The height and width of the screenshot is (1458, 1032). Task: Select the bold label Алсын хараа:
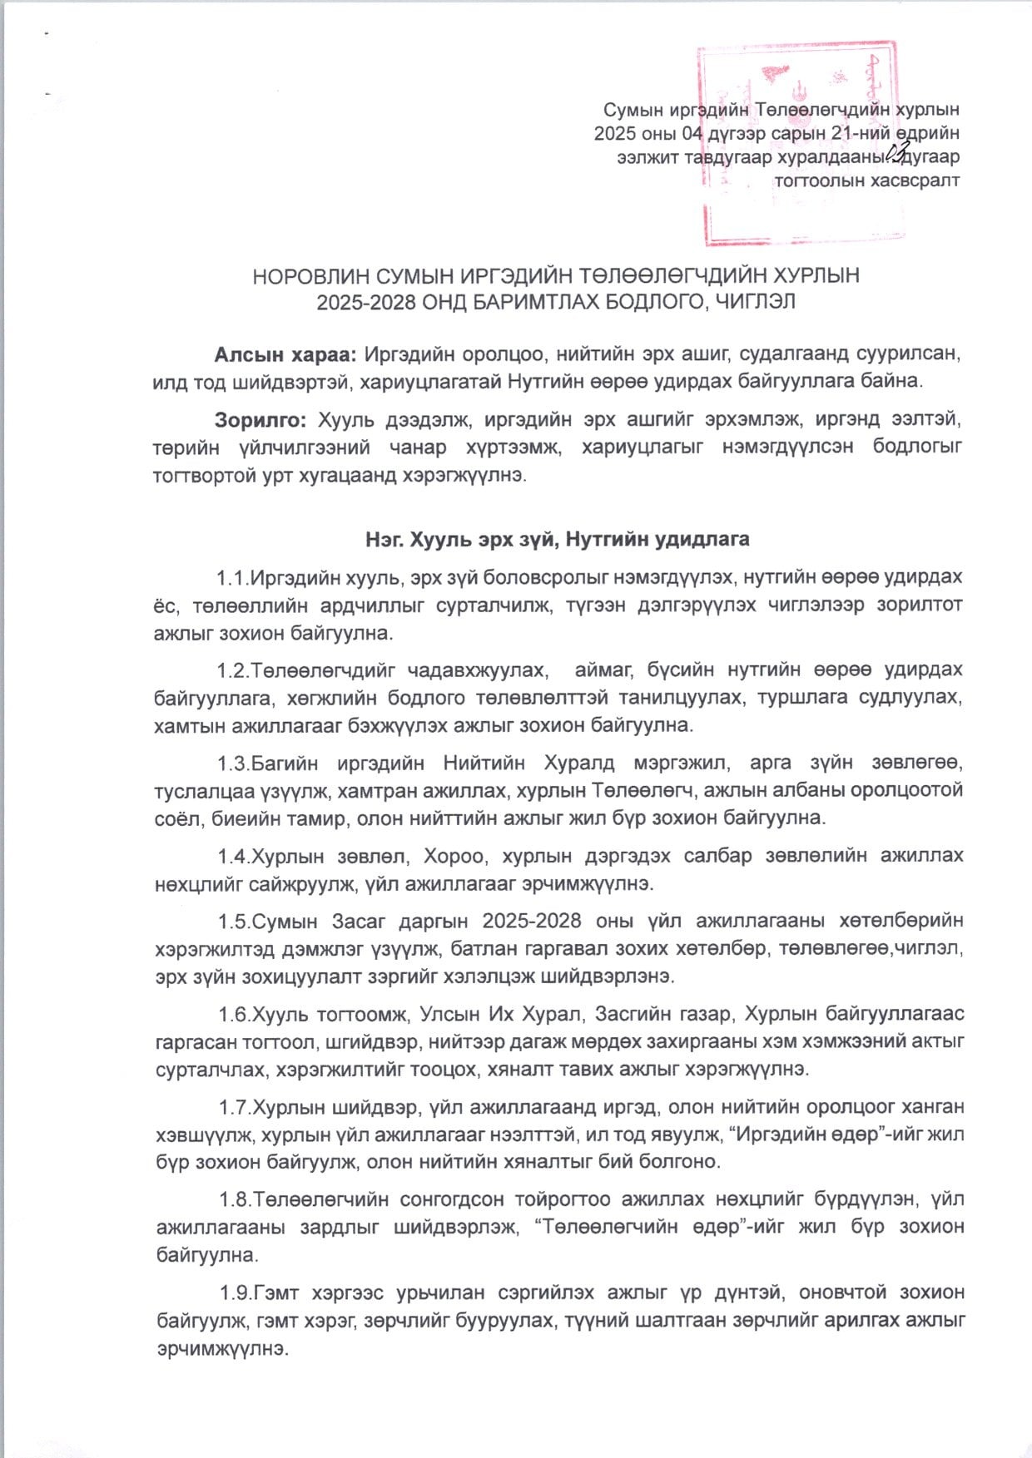pyautogui.click(x=285, y=354)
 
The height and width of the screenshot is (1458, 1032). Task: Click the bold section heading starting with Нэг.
pyautogui.click(x=557, y=539)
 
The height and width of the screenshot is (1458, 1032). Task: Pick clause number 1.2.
pyautogui.click(x=234, y=670)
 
